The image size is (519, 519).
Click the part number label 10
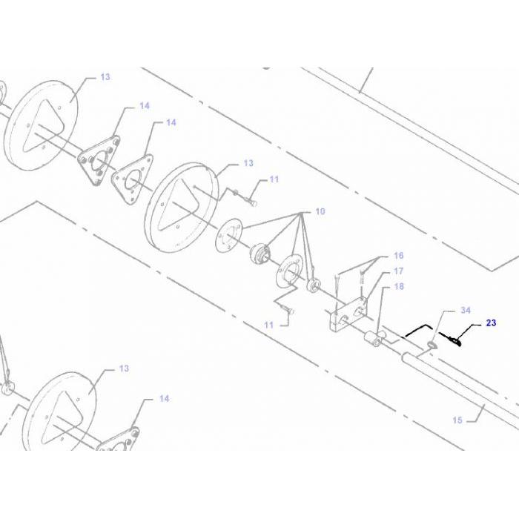[320, 211]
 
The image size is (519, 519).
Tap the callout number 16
[398, 256]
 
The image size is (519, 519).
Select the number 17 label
[398, 271]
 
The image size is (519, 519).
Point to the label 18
[398, 286]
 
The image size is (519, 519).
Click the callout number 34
[466, 309]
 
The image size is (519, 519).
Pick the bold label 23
[492, 323]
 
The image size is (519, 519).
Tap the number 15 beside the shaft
[457, 420]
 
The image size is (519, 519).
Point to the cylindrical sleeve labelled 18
[372, 341]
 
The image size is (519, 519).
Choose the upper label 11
[274, 179]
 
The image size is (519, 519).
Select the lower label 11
[268, 325]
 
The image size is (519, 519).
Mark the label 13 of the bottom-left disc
[124, 368]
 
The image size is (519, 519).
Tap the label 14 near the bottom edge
[164, 399]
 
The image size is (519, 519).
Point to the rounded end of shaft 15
[405, 357]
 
